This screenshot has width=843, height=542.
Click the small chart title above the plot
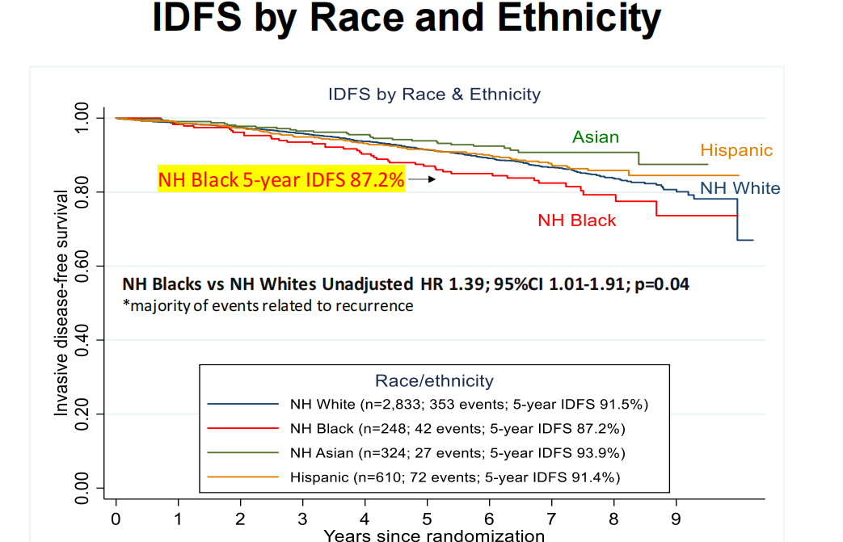click(434, 95)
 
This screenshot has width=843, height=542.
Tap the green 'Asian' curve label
click(596, 137)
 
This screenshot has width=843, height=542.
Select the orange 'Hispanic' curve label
click(736, 150)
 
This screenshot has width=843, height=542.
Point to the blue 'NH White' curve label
click(740, 189)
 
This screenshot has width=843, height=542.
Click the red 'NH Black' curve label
click(577, 221)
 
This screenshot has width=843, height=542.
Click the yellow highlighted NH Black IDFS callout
click(281, 179)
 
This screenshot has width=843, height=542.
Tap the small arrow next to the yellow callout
click(422, 179)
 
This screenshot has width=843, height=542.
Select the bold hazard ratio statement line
click(406, 284)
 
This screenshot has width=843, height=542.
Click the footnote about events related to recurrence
click(268, 305)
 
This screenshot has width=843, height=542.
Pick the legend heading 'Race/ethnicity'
click(434, 380)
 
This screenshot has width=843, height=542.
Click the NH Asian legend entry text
click(457, 452)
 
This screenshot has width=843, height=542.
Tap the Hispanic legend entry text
click(455, 477)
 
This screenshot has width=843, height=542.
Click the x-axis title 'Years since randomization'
click(434, 535)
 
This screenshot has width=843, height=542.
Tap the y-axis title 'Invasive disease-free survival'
click(61, 304)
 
